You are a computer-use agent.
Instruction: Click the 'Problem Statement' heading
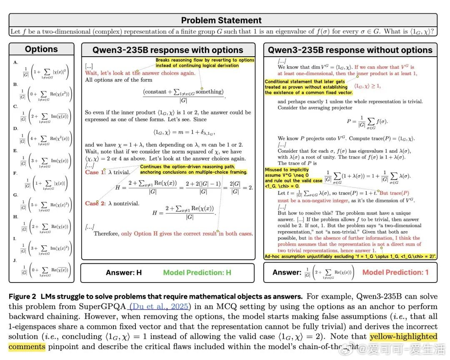click(x=221, y=20)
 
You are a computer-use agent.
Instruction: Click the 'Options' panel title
click(x=41, y=49)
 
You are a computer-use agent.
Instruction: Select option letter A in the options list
click(x=15, y=62)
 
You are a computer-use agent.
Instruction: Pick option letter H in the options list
click(x=15, y=217)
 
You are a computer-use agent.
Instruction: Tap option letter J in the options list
click(x=15, y=261)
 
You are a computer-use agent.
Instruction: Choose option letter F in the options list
click(x=15, y=172)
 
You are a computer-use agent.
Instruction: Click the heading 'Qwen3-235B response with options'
click(x=168, y=50)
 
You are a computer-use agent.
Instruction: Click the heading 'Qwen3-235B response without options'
click(x=350, y=50)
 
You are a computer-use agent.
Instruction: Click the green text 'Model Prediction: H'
click(x=197, y=272)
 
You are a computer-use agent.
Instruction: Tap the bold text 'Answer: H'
click(x=124, y=272)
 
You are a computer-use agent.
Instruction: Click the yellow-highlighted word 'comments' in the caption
click(x=27, y=346)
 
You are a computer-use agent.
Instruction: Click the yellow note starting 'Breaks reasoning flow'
click(x=205, y=62)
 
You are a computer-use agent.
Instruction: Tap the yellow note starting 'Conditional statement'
click(x=308, y=87)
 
